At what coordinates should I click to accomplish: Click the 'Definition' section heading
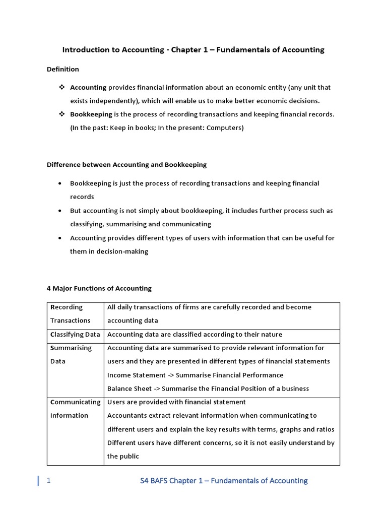(x=63, y=69)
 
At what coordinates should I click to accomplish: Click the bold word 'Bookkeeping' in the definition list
(x=91, y=114)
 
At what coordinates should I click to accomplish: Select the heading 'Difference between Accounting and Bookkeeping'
(x=126, y=165)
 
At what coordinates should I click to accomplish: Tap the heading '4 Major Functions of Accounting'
(x=99, y=289)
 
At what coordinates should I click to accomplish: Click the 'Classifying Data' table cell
(x=75, y=335)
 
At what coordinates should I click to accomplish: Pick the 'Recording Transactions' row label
(x=70, y=313)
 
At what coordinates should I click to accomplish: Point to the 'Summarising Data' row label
(x=71, y=354)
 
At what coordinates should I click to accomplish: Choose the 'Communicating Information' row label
(x=75, y=409)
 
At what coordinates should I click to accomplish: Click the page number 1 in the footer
(x=48, y=481)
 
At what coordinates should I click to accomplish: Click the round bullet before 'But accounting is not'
(x=60, y=211)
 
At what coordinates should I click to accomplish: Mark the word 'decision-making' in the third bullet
(x=123, y=251)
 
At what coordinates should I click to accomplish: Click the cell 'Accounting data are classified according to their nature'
(x=195, y=335)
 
